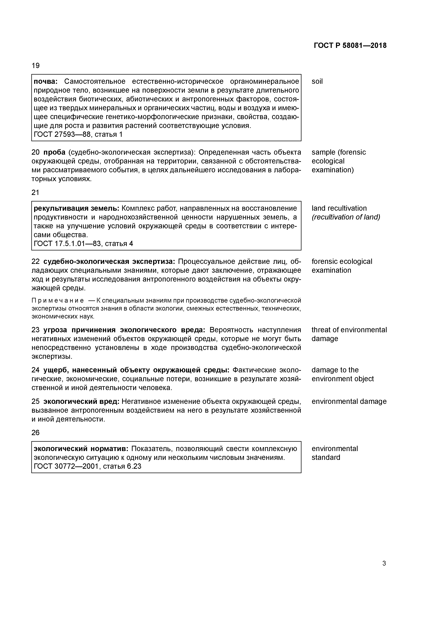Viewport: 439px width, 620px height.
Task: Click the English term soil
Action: [x=317, y=81]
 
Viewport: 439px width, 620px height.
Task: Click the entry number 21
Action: [x=35, y=192]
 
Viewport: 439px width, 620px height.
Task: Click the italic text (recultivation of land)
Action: [x=346, y=217]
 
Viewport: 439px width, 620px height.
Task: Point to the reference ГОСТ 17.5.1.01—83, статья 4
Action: [x=83, y=244]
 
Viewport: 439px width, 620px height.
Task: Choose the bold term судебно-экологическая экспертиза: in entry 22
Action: [x=109, y=262]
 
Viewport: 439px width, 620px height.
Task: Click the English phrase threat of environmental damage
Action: [x=349, y=334]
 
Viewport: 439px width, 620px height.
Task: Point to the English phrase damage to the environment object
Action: [x=342, y=374]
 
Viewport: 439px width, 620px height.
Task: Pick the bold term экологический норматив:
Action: [x=81, y=449]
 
